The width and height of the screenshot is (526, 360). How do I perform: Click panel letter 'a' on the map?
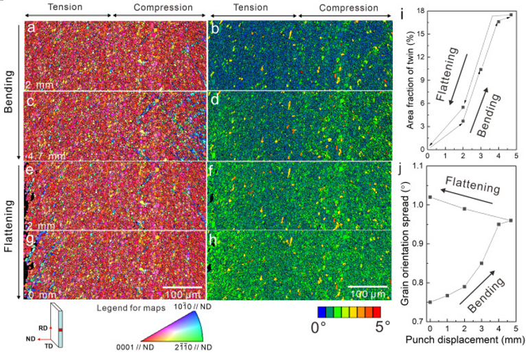pyautogui.click(x=30, y=28)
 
